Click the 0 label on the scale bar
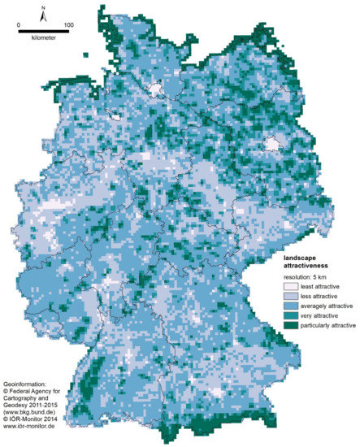(x=18, y=25)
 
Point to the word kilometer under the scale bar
(x=44, y=37)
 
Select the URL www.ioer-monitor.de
(x=37, y=425)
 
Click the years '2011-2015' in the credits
(x=52, y=403)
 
